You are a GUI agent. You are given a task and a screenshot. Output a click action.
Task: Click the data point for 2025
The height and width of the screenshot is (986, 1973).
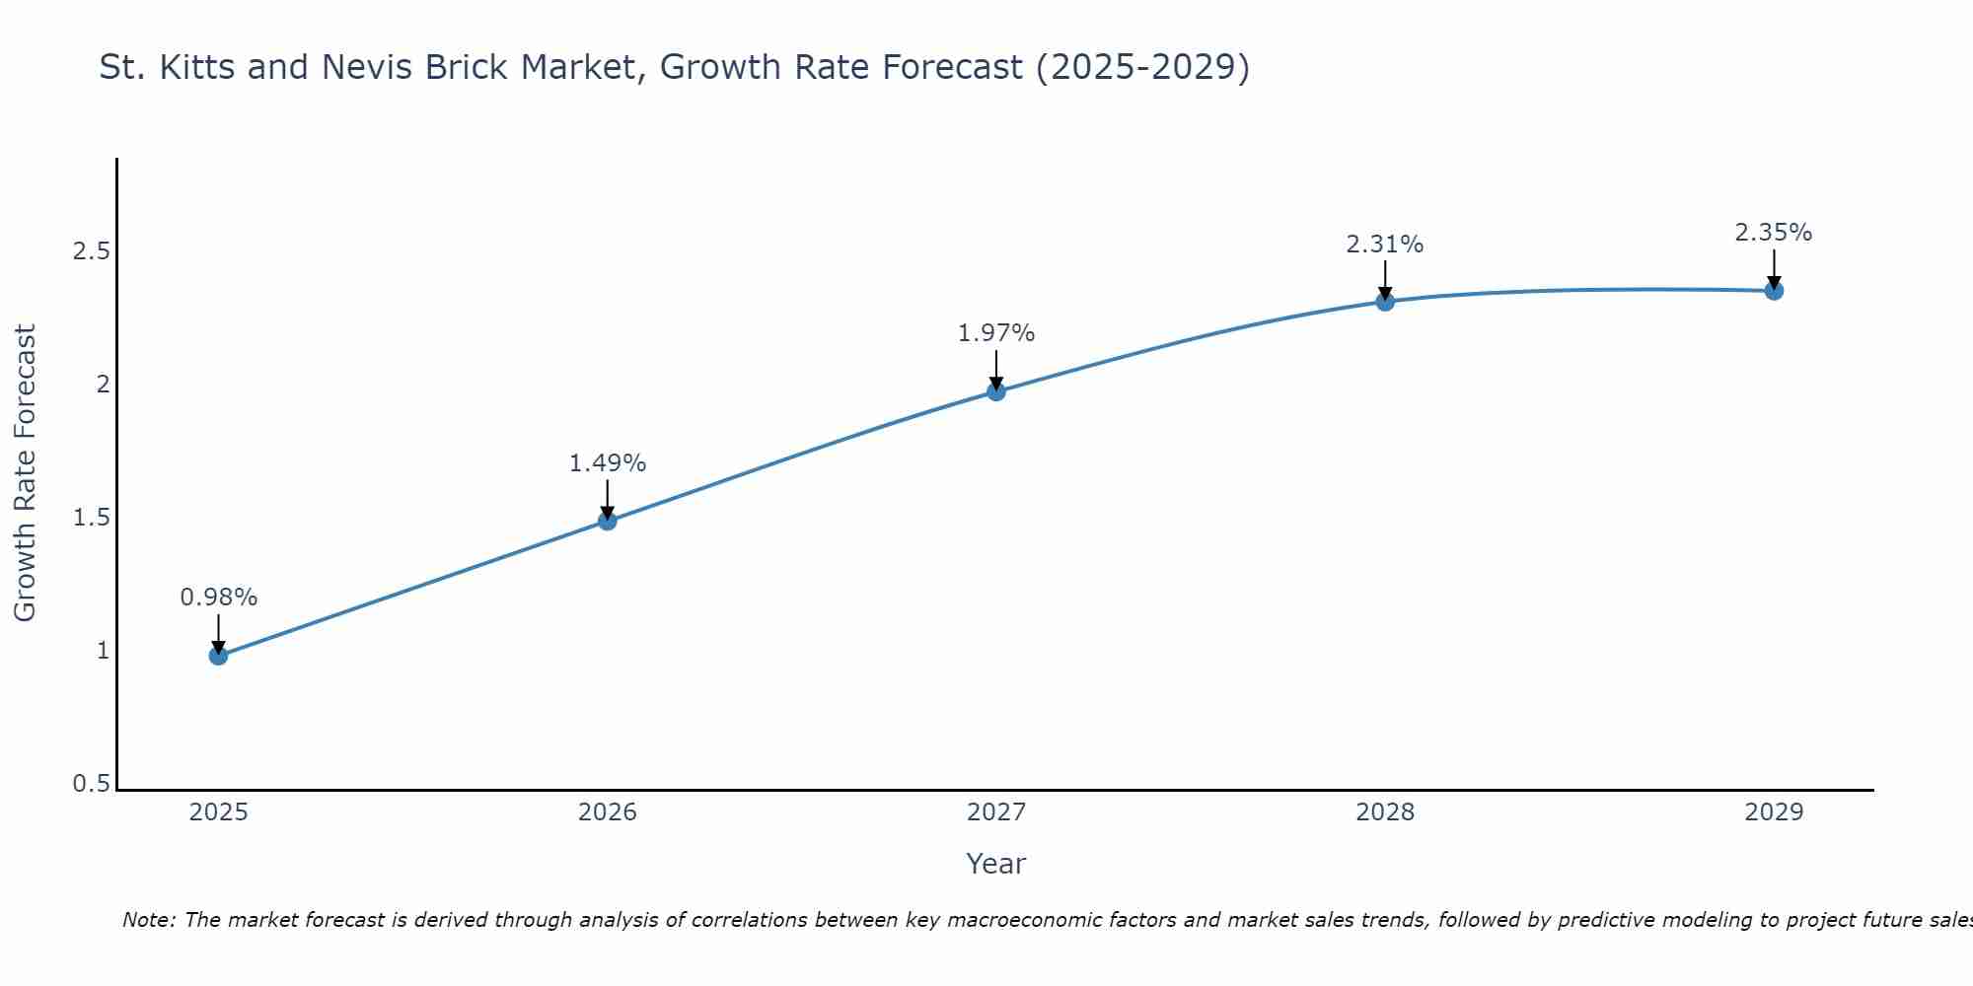tap(219, 656)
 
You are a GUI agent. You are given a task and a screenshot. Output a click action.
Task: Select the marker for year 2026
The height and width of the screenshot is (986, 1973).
tap(608, 521)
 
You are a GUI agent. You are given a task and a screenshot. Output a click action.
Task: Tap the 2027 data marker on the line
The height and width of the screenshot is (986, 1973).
tap(996, 391)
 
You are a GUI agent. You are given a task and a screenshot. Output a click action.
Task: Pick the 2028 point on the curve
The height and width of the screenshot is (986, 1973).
tap(1385, 302)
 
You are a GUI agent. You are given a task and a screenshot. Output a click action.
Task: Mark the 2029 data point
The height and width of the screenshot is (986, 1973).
tap(1774, 291)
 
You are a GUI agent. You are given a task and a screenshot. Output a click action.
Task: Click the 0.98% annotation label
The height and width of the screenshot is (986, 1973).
tap(219, 598)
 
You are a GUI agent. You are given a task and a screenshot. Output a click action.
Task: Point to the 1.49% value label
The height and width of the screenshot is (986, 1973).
tap(608, 463)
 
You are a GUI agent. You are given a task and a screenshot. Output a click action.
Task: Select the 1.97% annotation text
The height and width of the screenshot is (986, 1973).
tap(996, 333)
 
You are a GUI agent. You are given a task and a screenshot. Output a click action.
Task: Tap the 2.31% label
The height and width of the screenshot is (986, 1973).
tap(1385, 245)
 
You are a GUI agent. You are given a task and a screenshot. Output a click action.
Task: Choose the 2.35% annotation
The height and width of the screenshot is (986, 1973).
tap(1774, 233)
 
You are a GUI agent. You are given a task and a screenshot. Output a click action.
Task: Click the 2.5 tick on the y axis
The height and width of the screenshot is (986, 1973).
tap(91, 251)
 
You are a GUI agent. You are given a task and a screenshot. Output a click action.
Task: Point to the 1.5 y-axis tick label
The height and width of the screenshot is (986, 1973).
tap(91, 518)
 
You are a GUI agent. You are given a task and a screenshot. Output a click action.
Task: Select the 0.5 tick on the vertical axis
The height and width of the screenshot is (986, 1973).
tap(91, 784)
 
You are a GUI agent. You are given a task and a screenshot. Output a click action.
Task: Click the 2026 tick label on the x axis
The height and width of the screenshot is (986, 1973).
tap(608, 812)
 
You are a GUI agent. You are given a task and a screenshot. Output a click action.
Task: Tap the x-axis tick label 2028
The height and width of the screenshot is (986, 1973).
tap(1385, 812)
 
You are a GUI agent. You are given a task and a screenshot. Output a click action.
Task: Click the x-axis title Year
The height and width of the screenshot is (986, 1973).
tap(996, 864)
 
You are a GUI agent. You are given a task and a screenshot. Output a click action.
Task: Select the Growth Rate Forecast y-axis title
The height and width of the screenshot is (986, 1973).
tap(25, 473)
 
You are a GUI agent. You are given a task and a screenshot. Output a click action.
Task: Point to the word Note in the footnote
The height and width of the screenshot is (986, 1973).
tap(148, 920)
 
